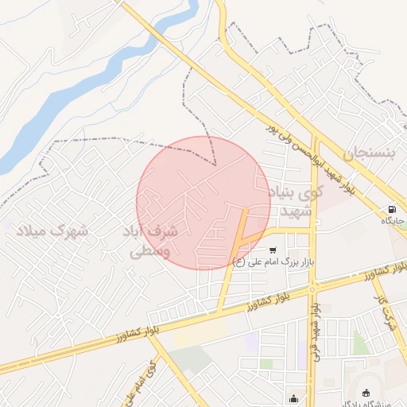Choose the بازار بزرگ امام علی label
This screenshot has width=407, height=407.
271,260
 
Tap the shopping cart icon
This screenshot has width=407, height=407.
273,249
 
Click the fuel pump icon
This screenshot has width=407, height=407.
391,211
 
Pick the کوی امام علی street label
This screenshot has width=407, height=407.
140,381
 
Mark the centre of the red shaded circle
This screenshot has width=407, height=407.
203,203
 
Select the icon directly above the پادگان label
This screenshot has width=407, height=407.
366,392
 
